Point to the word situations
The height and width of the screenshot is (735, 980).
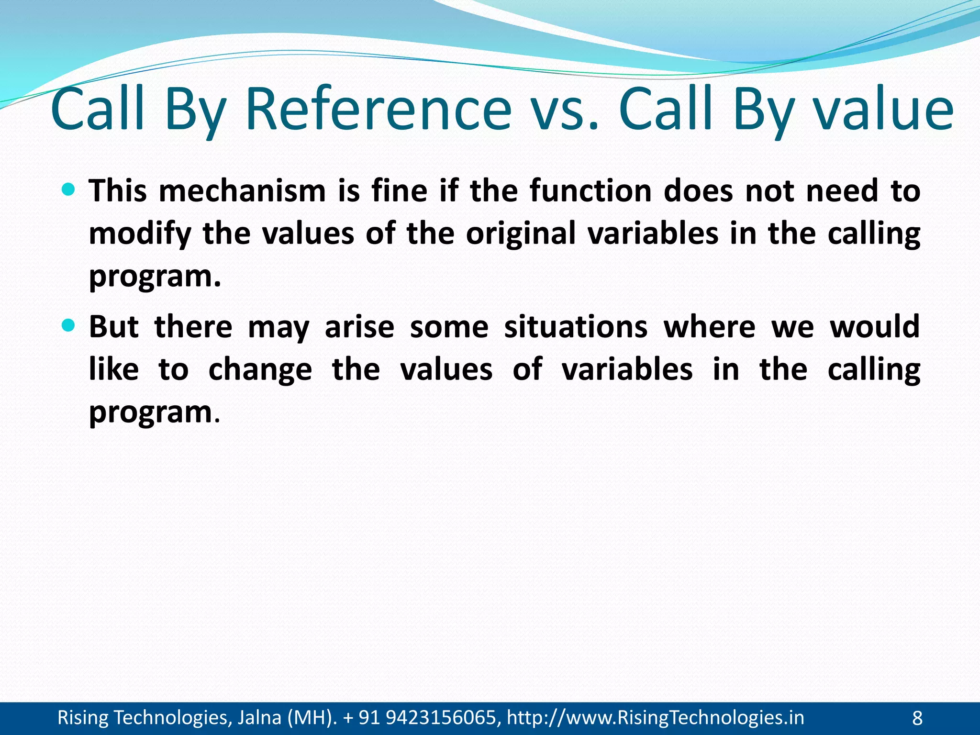coord(576,327)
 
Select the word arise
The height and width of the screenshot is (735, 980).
coord(359,327)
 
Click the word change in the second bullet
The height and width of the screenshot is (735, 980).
coord(260,370)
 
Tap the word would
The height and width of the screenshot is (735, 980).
coord(875,327)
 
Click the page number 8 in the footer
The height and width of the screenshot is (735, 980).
coord(917,718)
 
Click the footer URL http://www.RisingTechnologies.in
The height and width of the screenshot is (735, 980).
coord(655,718)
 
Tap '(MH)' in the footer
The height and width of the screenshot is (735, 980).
coord(311,718)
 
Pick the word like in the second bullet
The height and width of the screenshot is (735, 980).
coord(114,370)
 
